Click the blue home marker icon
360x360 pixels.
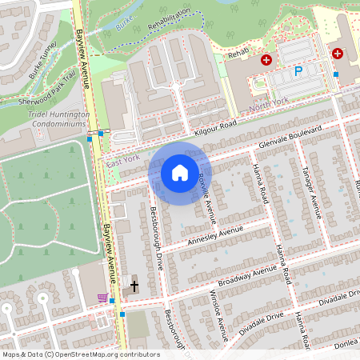click(x=180, y=173)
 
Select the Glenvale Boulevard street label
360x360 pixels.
click(x=289, y=135)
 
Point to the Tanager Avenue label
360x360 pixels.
click(x=310, y=193)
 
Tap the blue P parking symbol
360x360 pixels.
click(x=298, y=71)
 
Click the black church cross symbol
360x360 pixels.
click(x=134, y=286)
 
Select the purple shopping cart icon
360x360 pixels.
click(x=102, y=298)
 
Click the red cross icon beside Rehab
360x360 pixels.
click(x=266, y=60)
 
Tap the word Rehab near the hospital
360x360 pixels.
click(x=240, y=55)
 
